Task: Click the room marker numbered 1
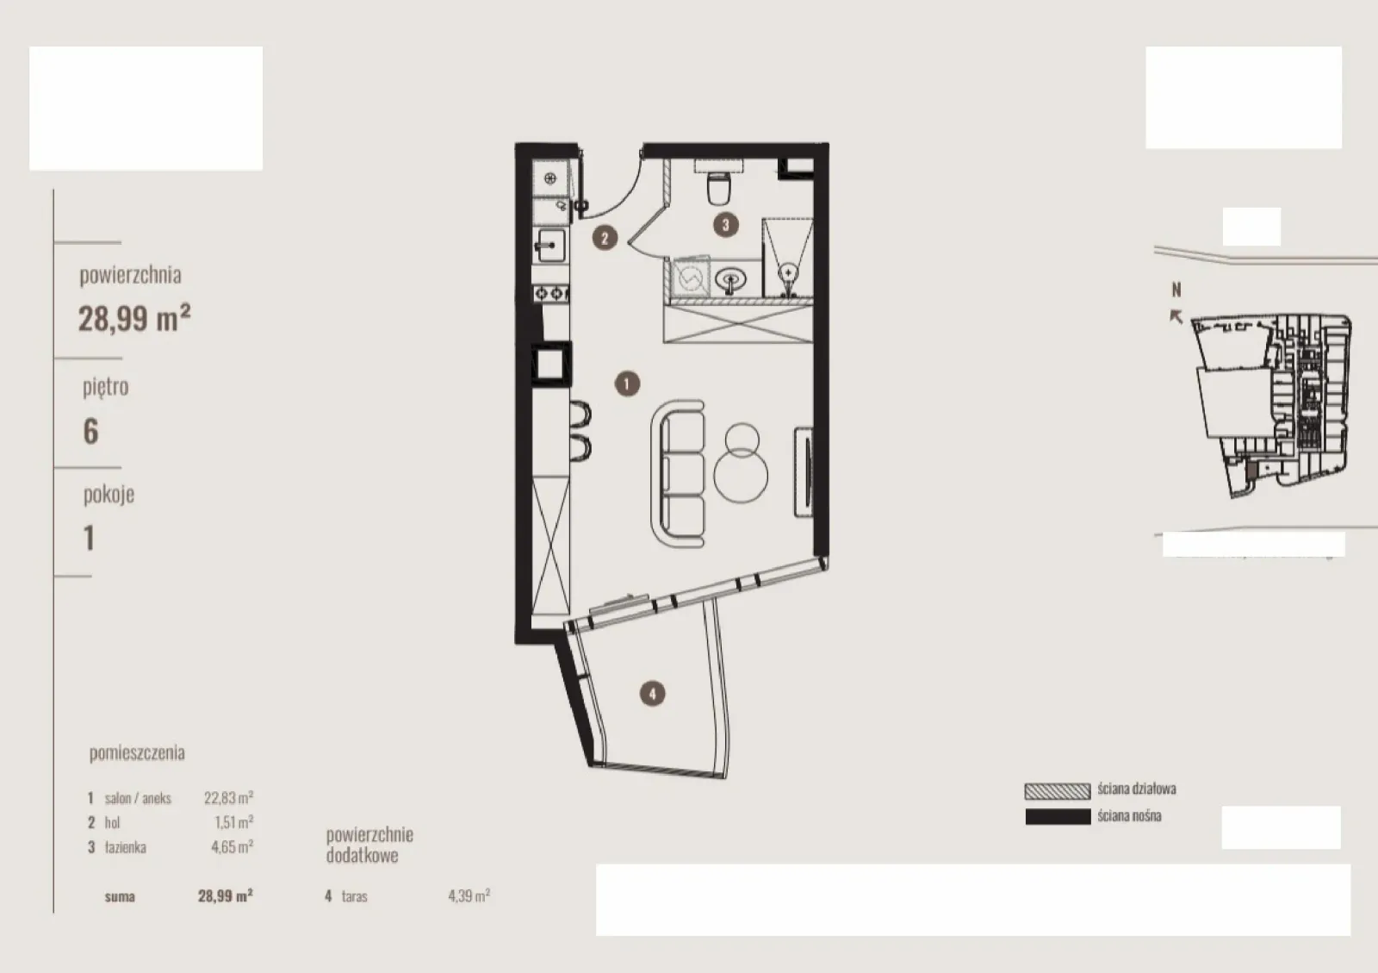coord(627,384)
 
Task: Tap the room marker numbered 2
coord(605,238)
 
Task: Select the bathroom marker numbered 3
coord(726,225)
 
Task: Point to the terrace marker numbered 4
coord(652,694)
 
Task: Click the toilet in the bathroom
coord(718,188)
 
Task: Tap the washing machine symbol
coord(690,278)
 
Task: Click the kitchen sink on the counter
coord(549,245)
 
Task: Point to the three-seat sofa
coord(678,473)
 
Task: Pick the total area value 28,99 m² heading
coord(134,318)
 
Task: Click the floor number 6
coord(90,431)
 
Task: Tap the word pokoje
coord(109,494)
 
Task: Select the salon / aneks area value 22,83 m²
coord(229,797)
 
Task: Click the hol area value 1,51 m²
coord(233,822)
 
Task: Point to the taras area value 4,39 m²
coord(469,895)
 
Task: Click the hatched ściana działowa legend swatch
coord(1058,791)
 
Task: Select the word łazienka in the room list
coord(126,847)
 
